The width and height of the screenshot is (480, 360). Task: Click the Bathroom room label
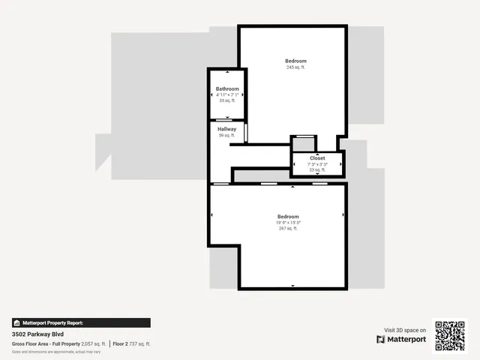(227, 89)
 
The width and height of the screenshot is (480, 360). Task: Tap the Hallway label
(227, 129)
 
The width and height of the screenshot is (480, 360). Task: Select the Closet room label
(317, 158)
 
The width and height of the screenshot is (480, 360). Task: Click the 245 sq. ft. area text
(295, 67)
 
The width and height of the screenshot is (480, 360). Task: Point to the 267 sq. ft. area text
(288, 229)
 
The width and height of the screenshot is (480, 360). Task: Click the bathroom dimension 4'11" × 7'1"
(227, 95)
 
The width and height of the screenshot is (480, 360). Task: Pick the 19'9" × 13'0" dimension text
(288, 223)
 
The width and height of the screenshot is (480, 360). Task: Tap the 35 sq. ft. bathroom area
(227, 100)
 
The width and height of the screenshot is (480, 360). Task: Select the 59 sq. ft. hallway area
(227, 135)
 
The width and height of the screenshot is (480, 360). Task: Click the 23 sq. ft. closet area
(317, 169)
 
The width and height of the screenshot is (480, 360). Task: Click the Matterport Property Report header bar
(81, 322)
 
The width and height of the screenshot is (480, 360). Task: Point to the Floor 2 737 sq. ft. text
(132, 343)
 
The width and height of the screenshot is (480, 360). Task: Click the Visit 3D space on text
(405, 330)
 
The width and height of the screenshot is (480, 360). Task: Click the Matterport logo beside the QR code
(401, 340)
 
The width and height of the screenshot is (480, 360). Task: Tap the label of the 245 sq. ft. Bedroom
(295, 61)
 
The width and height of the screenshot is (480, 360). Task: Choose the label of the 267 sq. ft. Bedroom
(288, 217)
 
